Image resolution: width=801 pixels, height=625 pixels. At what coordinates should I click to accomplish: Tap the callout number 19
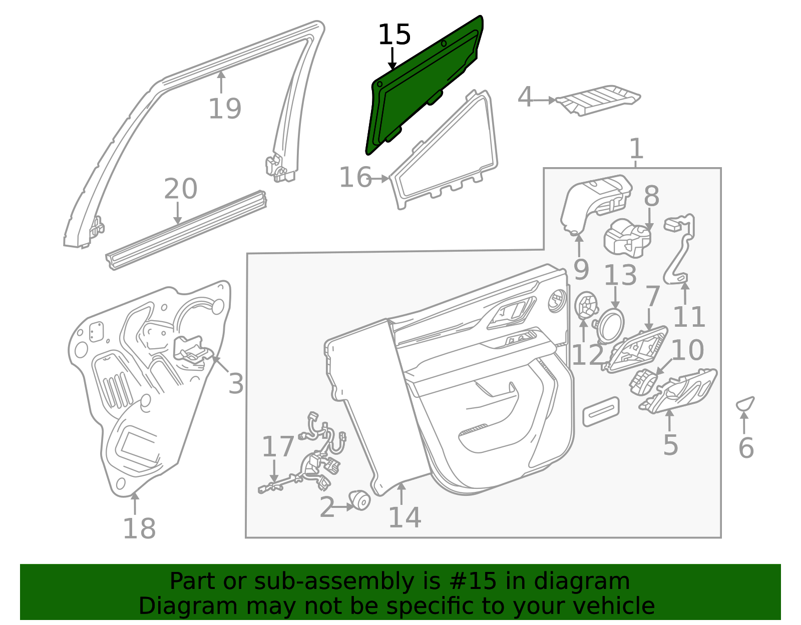pyautogui.click(x=225, y=109)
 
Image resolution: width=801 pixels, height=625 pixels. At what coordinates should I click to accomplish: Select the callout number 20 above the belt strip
pyautogui.click(x=180, y=189)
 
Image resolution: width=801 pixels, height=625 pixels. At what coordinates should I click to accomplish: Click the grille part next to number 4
pyautogui.click(x=598, y=100)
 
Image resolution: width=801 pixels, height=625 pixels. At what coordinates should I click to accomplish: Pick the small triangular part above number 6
pyautogui.click(x=745, y=404)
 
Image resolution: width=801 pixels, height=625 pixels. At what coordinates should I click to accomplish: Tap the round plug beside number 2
pyautogui.click(x=359, y=500)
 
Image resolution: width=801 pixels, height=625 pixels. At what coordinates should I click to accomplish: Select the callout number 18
pyautogui.click(x=139, y=529)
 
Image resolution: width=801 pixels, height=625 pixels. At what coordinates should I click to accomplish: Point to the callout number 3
pyautogui.click(x=236, y=383)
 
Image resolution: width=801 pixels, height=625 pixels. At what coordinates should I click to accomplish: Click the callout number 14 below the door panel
pyautogui.click(x=405, y=517)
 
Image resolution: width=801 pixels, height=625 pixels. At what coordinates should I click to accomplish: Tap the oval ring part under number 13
pyautogui.click(x=611, y=324)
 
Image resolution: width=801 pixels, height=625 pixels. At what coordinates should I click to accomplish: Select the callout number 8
pyautogui.click(x=651, y=196)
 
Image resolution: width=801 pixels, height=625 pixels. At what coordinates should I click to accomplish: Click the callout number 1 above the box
pyautogui.click(x=637, y=149)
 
